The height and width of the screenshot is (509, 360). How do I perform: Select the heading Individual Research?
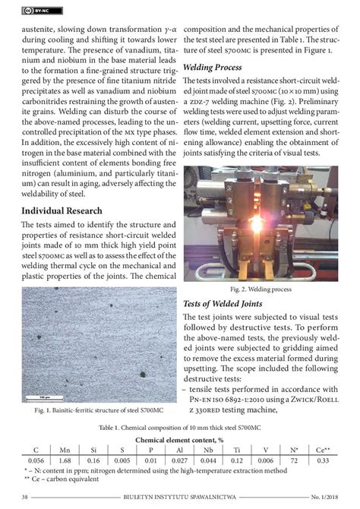point(68,210)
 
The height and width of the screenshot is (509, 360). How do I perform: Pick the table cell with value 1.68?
point(65,460)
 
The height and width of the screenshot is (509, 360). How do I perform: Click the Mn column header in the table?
point(65,450)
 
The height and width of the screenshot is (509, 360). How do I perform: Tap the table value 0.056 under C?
point(35,460)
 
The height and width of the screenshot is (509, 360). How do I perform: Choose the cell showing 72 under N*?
point(294,460)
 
